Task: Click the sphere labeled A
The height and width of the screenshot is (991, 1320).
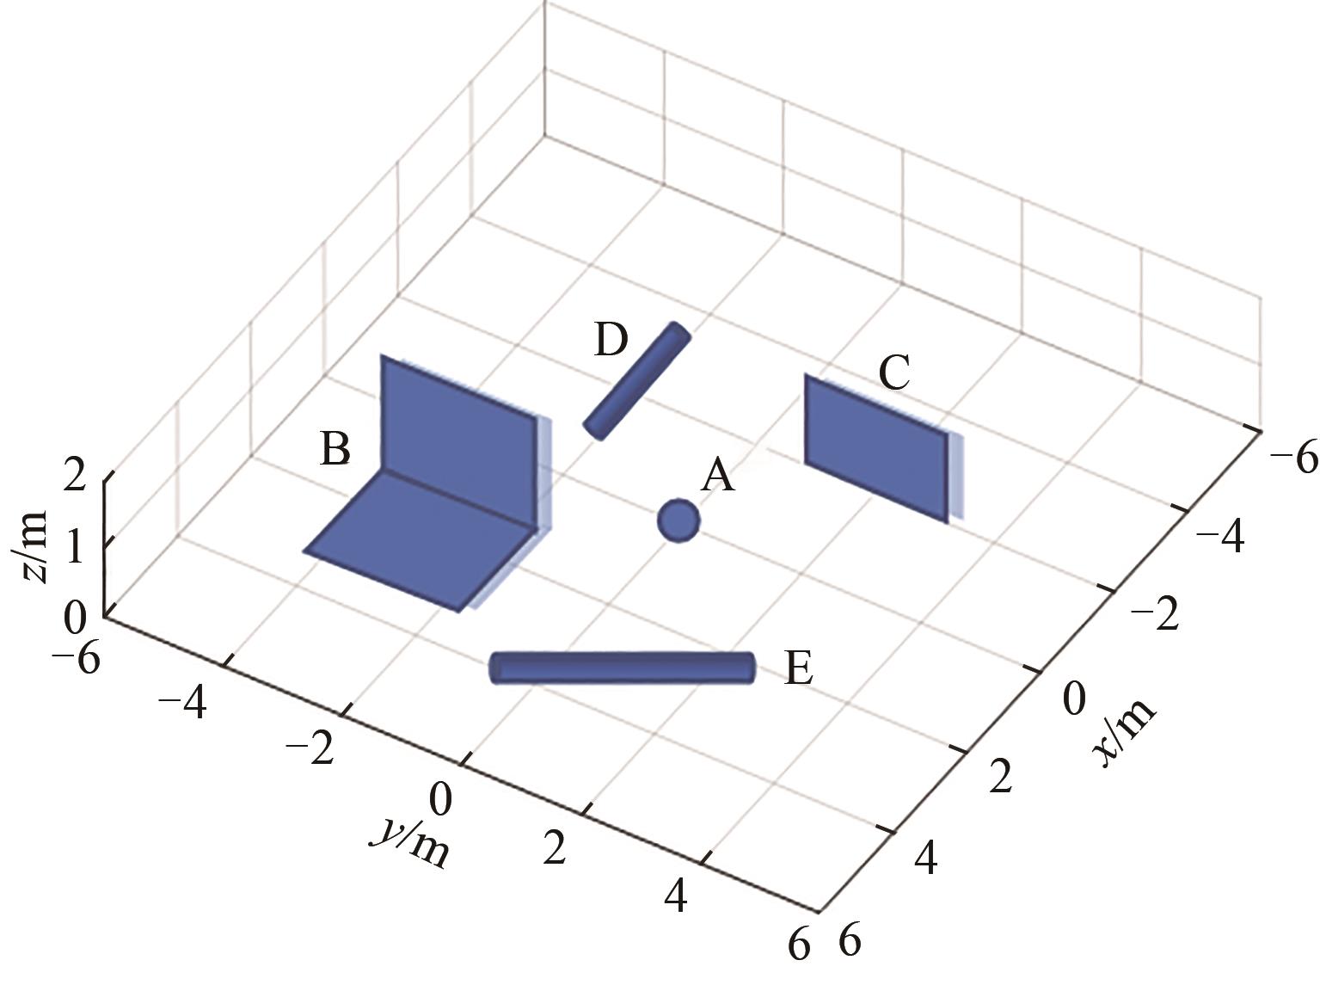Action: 678,520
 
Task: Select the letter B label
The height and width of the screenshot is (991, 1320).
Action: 335,448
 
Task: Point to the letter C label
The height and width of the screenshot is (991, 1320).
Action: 894,373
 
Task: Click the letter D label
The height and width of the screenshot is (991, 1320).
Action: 611,340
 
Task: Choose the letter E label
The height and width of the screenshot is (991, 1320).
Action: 799,668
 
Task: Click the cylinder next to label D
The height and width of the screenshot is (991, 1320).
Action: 637,380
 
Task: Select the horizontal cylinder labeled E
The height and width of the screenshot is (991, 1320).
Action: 622,668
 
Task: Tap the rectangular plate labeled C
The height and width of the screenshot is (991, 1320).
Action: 877,448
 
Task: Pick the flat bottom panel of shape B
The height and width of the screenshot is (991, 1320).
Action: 421,541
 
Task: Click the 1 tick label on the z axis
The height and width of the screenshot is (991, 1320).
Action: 75,546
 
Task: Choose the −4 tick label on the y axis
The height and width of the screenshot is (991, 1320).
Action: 182,702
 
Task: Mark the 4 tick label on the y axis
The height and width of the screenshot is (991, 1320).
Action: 676,896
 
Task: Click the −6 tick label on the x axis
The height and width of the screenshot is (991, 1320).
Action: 1293,458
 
